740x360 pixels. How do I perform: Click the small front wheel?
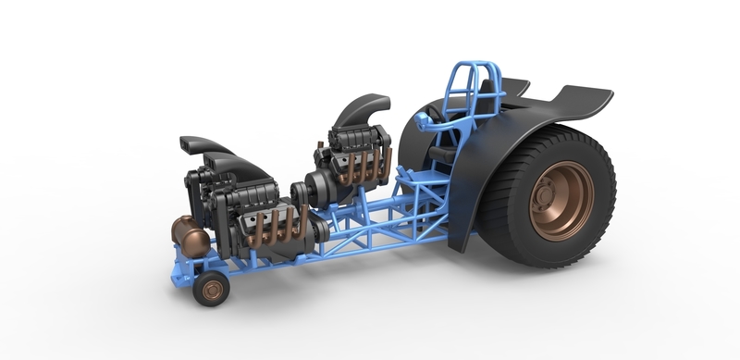pos(211,290)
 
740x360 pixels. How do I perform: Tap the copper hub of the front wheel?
pos(214,291)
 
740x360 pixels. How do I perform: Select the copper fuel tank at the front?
pos(191,237)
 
